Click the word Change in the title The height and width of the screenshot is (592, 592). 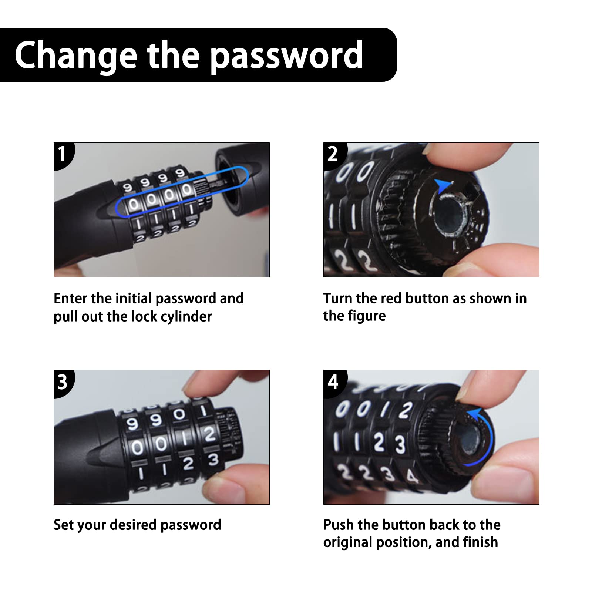pyautogui.click(x=75, y=55)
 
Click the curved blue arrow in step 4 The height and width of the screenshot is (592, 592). pyautogui.click(x=490, y=437)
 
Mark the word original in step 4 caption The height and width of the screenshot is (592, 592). pyautogui.click(x=347, y=543)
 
